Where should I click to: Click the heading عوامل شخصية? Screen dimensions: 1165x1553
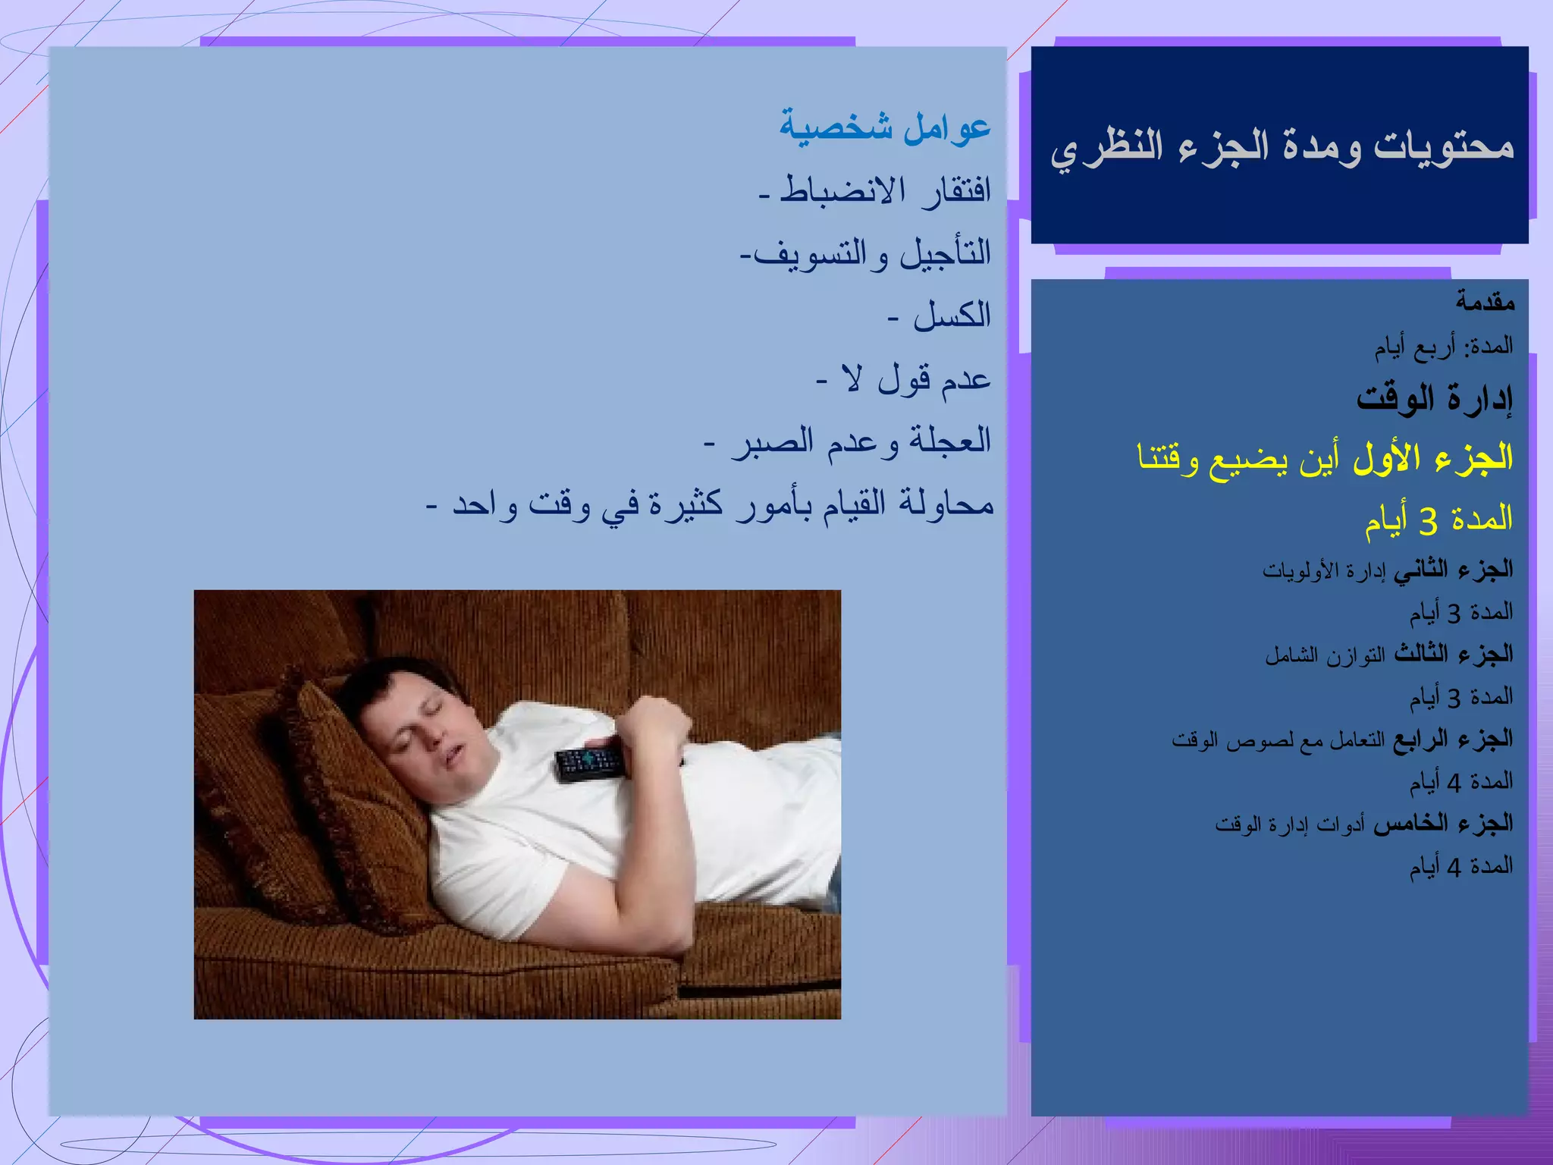[x=885, y=127]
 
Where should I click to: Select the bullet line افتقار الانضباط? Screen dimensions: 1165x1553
[x=876, y=190]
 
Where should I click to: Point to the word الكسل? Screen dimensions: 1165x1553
[x=952, y=316]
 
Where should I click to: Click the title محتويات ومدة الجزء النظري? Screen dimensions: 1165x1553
[x=1282, y=146]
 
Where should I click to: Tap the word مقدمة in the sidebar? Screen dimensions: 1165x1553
[x=1485, y=303]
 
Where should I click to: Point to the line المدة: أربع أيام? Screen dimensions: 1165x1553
[x=1444, y=347]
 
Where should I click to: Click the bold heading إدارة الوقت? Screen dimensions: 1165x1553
[x=1435, y=397]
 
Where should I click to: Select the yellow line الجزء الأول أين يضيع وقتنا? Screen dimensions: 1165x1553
[x=1325, y=457]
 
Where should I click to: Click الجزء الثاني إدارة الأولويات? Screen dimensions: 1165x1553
[x=1387, y=570]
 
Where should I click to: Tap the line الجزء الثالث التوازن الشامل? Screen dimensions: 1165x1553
[x=1388, y=655]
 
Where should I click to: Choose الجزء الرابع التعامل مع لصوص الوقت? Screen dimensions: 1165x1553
[x=1342, y=740]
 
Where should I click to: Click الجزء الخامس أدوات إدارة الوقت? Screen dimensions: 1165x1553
[x=1363, y=824]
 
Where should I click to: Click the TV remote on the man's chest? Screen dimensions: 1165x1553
[x=591, y=763]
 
